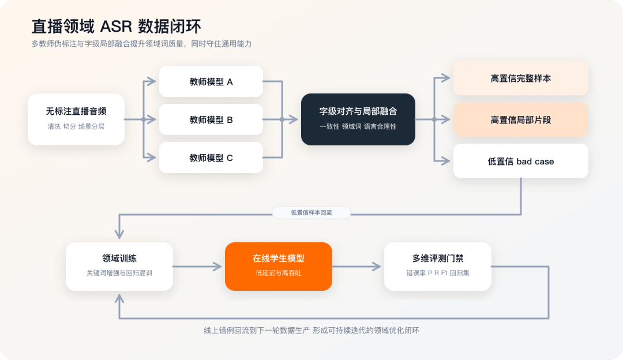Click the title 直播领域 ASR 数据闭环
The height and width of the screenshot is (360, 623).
[117, 27]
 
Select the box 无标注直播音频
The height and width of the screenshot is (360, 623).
[76, 119]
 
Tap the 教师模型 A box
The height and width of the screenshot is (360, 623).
[211, 81]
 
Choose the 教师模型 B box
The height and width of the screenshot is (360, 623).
[211, 119]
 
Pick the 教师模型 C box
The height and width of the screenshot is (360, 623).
[211, 157]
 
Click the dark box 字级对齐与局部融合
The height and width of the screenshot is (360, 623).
[358, 119]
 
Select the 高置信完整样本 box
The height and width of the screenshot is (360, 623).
[520, 78]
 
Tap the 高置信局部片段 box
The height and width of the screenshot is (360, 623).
[520, 119]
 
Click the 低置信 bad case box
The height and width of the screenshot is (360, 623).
[520, 161]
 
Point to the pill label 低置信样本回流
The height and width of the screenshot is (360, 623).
[311, 212]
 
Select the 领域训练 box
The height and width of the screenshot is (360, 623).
[119, 266]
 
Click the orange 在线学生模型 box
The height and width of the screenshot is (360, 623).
[279, 266]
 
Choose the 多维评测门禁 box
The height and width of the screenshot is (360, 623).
[437, 266]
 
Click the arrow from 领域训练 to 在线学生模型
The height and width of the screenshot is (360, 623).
[197, 266]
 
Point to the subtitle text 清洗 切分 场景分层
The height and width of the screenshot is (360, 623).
[76, 126]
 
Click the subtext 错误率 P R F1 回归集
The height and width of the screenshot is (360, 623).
[437, 273]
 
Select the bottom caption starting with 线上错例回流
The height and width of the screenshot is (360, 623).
[311, 330]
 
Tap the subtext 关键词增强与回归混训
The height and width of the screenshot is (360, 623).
[119, 273]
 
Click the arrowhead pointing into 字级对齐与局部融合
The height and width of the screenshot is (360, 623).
[293, 119]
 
